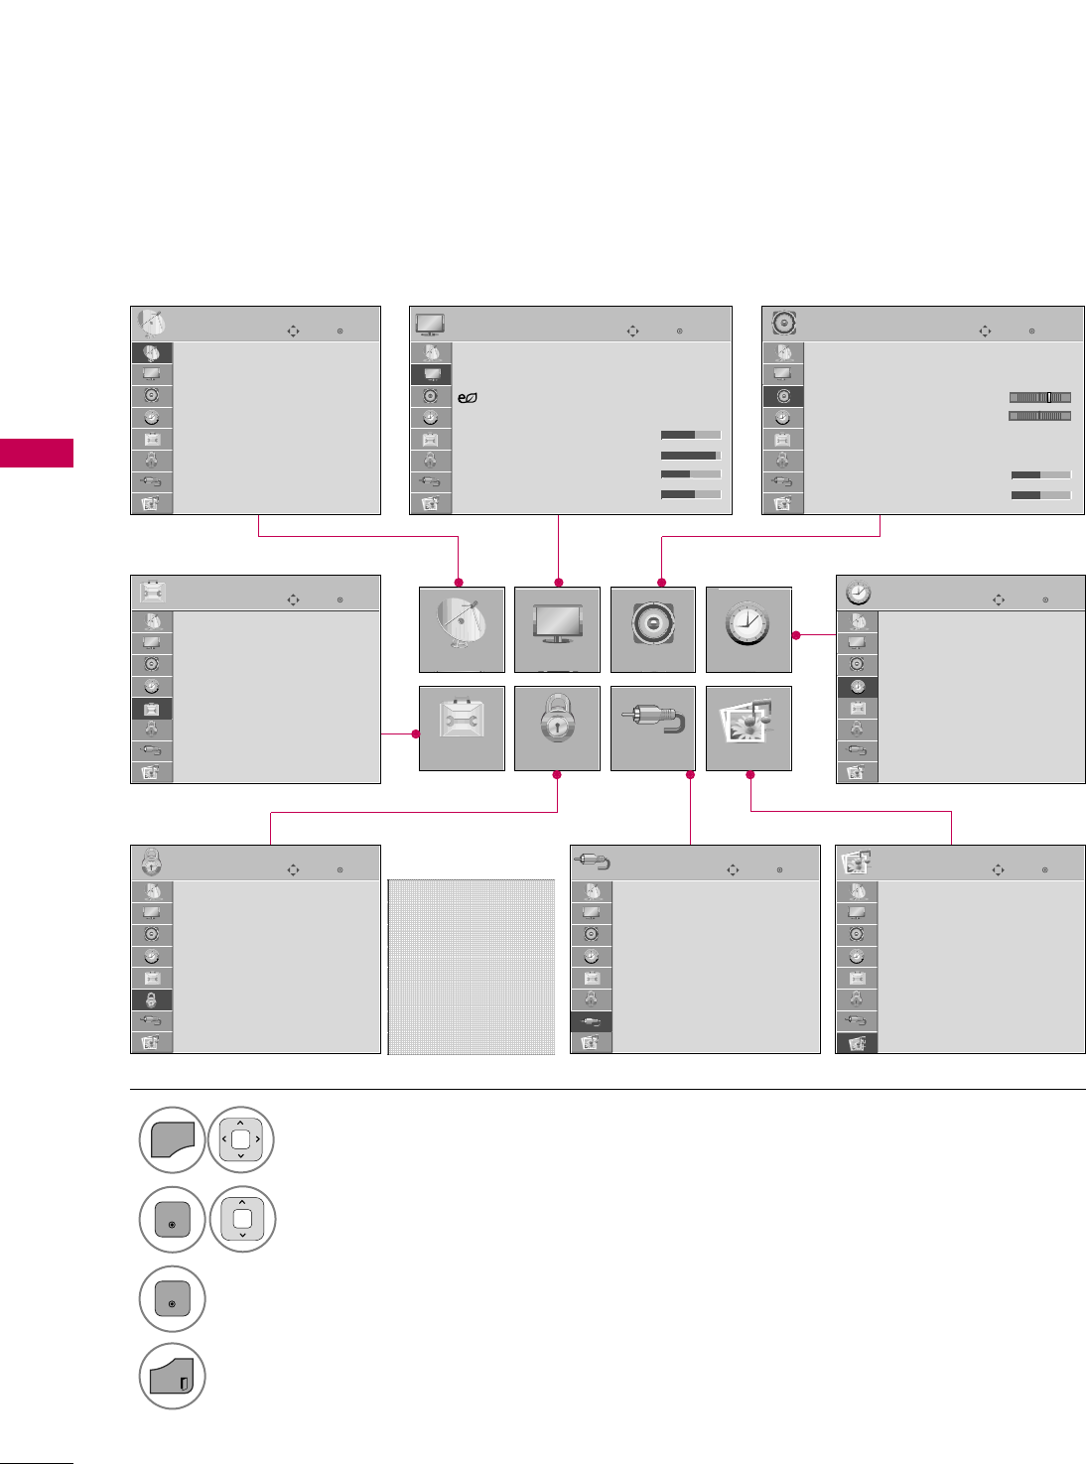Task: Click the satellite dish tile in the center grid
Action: point(462,629)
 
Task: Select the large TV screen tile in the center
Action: point(557,629)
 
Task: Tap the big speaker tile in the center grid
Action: point(652,629)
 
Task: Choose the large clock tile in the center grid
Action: point(748,629)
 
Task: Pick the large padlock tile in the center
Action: point(557,728)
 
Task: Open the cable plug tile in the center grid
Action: point(652,728)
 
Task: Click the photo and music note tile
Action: point(748,728)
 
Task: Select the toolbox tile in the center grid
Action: point(462,728)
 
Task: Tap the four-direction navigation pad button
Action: point(241,1139)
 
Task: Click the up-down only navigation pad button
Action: point(242,1219)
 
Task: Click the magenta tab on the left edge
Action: point(37,452)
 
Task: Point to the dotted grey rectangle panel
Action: point(471,967)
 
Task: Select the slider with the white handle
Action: point(1039,397)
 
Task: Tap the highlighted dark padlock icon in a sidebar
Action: point(152,999)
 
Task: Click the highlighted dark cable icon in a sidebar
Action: point(592,1021)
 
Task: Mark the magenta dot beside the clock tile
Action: point(796,635)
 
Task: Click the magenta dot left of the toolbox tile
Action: point(417,734)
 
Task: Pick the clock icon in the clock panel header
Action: point(858,593)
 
